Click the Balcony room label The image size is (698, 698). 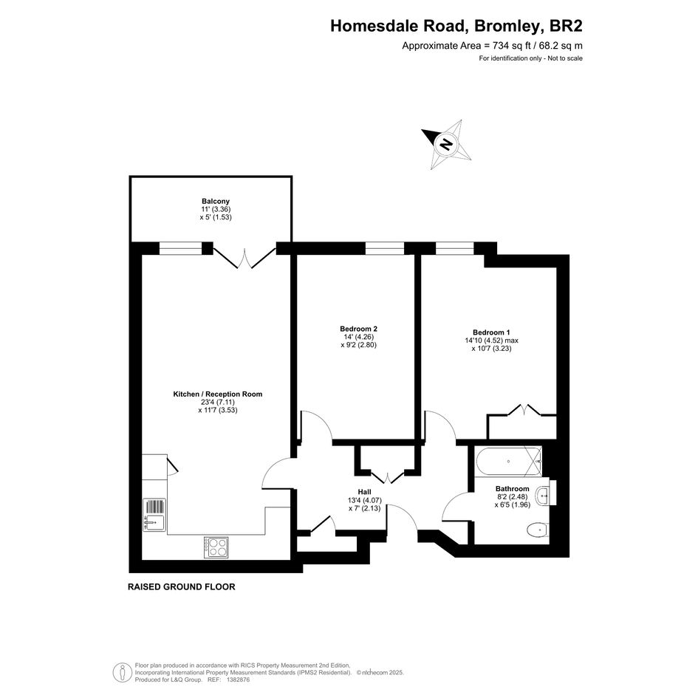[x=216, y=201]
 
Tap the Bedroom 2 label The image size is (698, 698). [x=358, y=329]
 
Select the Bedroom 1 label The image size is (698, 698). [x=491, y=332]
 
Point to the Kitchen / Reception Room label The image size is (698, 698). [x=218, y=394]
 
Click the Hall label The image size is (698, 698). [x=365, y=492]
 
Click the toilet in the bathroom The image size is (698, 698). [x=538, y=530]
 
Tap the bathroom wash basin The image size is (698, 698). [x=543, y=496]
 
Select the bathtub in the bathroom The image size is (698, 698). [x=509, y=461]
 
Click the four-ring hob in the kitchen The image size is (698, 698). [x=216, y=547]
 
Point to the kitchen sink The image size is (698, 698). [x=154, y=515]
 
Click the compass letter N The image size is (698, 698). [x=445, y=144]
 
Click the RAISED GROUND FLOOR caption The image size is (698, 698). [x=181, y=586]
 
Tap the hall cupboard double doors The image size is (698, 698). [x=387, y=476]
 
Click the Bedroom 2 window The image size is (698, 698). [x=385, y=248]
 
